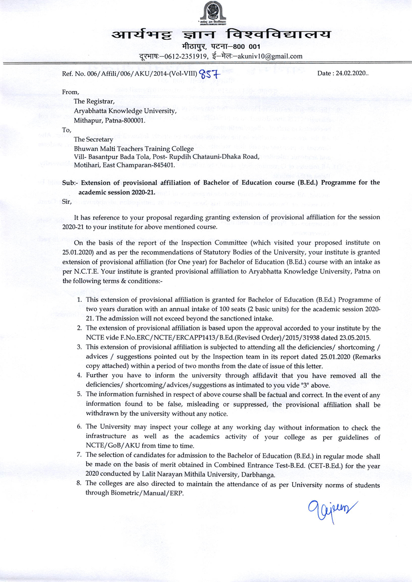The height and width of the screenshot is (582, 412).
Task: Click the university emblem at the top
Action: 212,13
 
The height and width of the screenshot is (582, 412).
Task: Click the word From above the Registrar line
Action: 70,92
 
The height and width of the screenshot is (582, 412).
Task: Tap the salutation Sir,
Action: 67,201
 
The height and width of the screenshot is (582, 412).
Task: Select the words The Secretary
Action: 94,140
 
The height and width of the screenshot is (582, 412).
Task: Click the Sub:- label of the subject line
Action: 70,183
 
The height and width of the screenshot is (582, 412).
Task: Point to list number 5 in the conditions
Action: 79,394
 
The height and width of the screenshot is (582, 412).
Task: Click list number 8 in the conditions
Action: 79,483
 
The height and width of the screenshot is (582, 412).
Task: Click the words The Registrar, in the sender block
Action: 94,101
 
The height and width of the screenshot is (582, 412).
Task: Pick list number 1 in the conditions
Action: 80,300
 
